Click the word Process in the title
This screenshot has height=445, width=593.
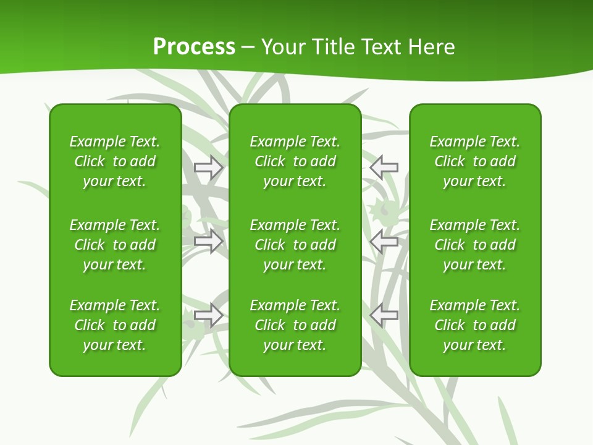(194, 47)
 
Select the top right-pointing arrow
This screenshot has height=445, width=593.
(209, 167)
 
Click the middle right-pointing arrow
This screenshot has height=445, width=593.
(209, 241)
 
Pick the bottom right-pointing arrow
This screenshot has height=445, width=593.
(209, 315)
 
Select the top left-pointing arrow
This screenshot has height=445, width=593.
(384, 167)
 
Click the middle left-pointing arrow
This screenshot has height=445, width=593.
(384, 241)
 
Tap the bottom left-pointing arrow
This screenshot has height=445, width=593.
(384, 315)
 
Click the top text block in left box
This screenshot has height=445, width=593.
(115, 161)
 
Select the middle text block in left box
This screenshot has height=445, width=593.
(115, 245)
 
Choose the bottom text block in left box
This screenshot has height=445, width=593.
(115, 325)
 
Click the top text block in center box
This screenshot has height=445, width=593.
(295, 161)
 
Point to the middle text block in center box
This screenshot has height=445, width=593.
(295, 245)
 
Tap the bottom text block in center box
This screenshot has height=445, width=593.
(295, 325)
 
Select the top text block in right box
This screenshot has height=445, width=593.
(475, 161)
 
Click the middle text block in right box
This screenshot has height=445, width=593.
(475, 245)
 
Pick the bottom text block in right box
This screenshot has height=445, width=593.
(475, 325)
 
